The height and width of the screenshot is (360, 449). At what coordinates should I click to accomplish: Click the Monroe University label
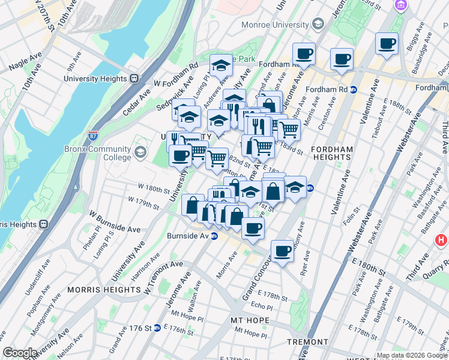[275, 25]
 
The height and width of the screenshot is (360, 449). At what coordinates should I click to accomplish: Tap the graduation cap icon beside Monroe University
[318, 25]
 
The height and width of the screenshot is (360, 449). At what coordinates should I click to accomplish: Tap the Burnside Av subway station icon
[214, 236]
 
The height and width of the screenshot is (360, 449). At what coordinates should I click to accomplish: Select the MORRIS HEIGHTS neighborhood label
[104, 289]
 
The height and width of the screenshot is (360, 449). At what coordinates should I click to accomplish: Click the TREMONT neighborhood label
[307, 341]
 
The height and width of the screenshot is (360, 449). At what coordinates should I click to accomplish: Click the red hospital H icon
[442, 241]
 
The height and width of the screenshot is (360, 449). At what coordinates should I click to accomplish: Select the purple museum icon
[400, 5]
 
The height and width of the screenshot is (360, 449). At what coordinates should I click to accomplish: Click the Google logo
[19, 353]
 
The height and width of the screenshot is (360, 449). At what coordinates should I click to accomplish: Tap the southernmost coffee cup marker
[282, 251]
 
